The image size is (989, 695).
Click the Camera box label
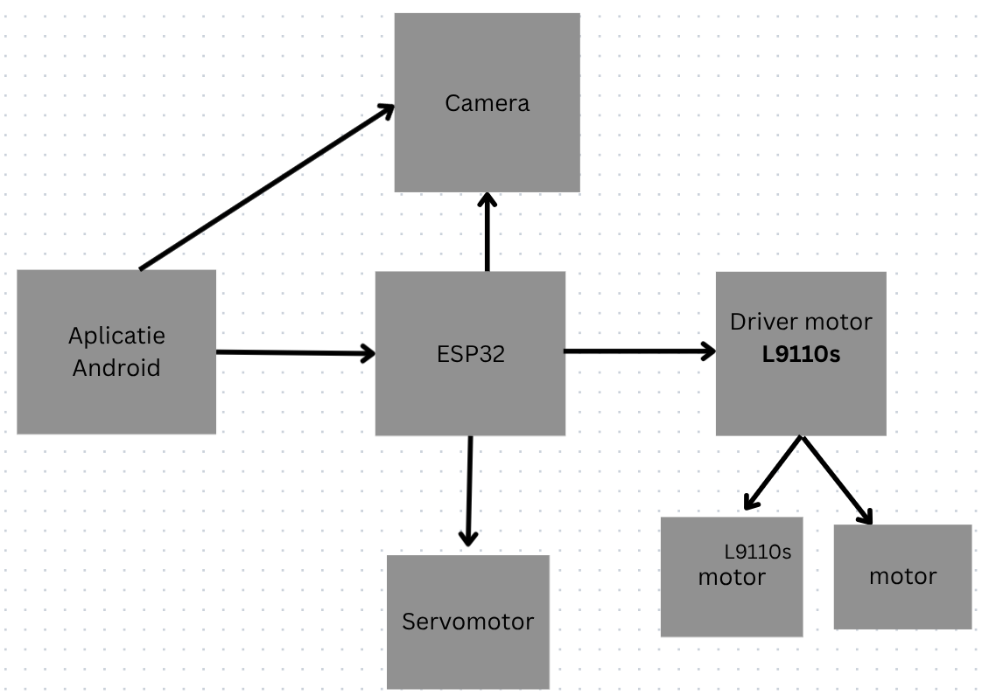(487, 103)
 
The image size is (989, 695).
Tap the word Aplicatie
(116, 336)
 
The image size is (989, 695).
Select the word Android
(116, 368)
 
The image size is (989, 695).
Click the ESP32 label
(470, 355)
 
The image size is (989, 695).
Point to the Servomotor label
(467, 622)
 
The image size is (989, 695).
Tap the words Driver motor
(800, 322)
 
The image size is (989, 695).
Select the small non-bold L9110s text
(757, 553)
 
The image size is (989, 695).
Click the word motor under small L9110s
(731, 578)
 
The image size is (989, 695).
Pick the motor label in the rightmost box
(902, 577)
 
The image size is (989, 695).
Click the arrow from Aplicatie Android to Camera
(263, 188)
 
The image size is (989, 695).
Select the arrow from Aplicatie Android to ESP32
(293, 352)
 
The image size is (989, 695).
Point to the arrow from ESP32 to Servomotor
(469, 490)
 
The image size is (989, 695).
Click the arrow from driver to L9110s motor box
(774, 472)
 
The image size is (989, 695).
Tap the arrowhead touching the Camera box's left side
(386, 109)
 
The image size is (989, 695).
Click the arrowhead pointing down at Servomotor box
(468, 538)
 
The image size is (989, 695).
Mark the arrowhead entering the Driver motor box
(706, 351)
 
